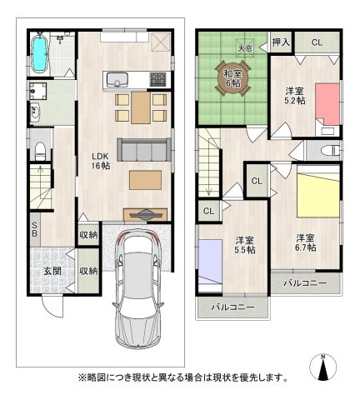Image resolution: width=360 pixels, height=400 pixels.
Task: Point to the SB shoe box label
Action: pos(34,229)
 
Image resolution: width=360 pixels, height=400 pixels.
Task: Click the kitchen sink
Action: pos(117,80)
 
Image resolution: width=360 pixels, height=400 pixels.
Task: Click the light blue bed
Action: pos(208,261)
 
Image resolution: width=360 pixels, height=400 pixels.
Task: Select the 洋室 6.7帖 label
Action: pos(304,242)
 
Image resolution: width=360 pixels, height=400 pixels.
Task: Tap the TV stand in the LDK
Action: pos(145,212)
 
